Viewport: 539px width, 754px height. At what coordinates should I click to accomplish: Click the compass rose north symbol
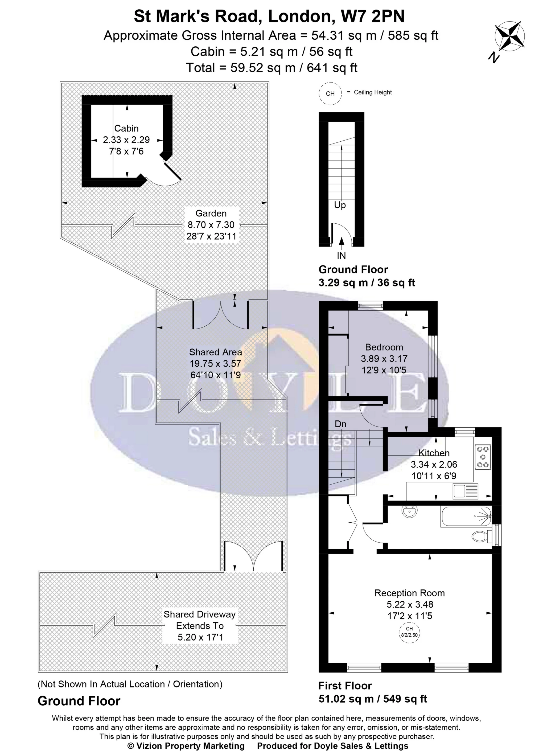[509, 36]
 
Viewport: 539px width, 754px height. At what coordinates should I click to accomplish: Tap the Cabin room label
[126, 129]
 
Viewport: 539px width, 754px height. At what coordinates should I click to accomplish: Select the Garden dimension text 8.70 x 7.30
[211, 225]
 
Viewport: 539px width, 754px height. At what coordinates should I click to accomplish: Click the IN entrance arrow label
[341, 255]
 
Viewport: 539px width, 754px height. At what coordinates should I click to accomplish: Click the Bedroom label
[384, 347]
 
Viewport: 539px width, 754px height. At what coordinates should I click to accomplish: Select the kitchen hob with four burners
[483, 457]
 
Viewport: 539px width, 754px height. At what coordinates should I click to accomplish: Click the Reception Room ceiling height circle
[409, 632]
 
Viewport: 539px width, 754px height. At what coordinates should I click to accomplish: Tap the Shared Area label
[215, 352]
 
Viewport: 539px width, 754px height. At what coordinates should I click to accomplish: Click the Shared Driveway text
[199, 614]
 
